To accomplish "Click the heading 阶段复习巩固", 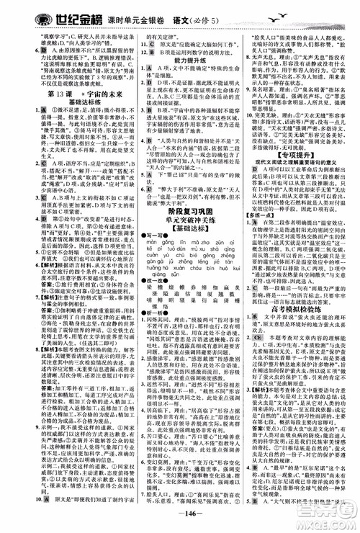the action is click(181, 250).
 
